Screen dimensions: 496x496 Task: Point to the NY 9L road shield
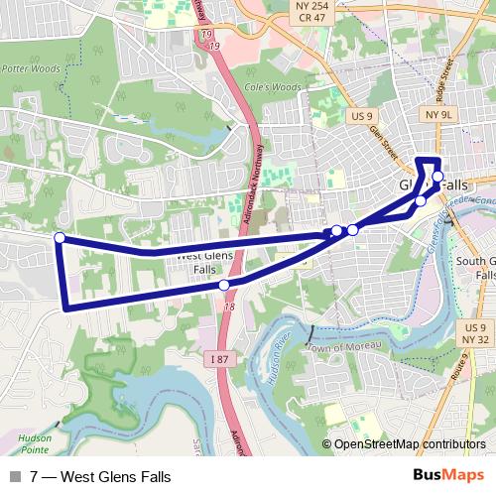[x=436, y=114]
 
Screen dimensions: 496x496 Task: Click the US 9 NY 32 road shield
[x=475, y=333]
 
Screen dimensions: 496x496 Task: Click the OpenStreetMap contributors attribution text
[x=409, y=445]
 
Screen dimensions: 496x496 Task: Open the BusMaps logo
[x=449, y=476]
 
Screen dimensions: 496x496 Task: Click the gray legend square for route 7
[x=15, y=477]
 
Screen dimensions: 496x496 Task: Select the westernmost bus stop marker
[x=60, y=237]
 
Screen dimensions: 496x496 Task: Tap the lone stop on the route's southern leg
[x=224, y=285]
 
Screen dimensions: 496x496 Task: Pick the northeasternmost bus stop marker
[x=437, y=177]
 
